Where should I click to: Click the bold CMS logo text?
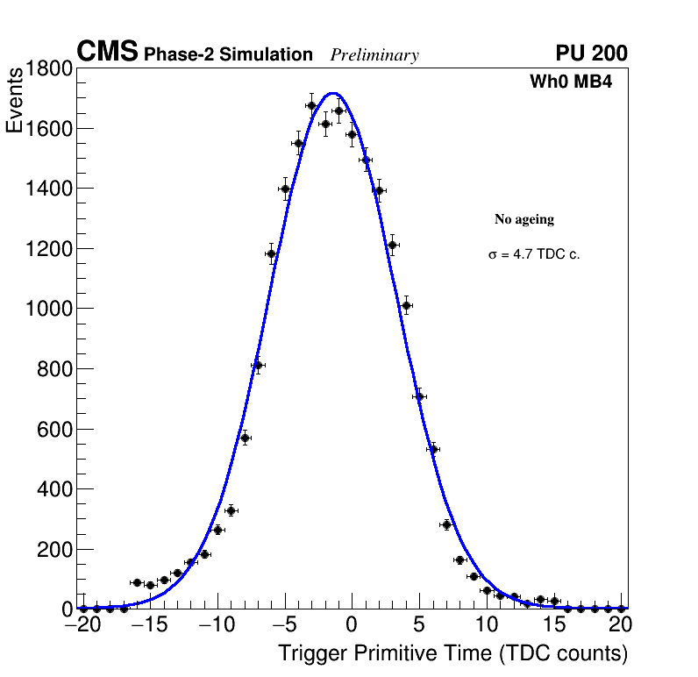point(107,53)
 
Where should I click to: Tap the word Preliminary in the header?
point(374,55)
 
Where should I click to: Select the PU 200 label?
point(591,53)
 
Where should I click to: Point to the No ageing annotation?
point(524,219)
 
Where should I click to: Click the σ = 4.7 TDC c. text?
point(534,255)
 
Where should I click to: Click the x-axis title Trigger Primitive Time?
point(452,653)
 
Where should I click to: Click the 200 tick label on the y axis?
point(53,549)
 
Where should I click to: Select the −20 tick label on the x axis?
point(82,625)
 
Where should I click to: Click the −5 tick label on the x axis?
point(284,625)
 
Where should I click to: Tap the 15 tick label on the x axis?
point(553,625)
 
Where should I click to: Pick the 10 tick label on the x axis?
point(486,625)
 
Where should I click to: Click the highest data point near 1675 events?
point(311,105)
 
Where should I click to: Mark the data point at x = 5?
point(419,396)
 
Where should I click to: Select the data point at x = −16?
point(137,582)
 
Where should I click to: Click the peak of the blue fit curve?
point(333,93)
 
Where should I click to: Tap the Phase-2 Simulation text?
point(228,55)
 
